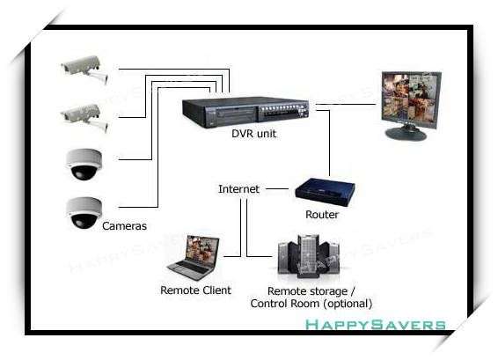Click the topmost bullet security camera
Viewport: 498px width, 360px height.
pyautogui.click(x=85, y=70)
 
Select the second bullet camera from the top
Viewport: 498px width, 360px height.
pyautogui.click(x=85, y=118)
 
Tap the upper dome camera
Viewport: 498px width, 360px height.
pyautogui.click(x=84, y=165)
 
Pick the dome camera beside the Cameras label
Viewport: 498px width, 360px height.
pyautogui.click(x=84, y=213)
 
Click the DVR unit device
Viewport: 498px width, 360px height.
pyautogui.click(x=245, y=112)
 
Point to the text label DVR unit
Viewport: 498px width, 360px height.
pyautogui.click(x=253, y=134)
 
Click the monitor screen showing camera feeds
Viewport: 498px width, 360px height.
pyautogui.click(x=411, y=99)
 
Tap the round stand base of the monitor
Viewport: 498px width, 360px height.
pyautogui.click(x=406, y=133)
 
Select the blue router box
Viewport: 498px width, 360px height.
pyautogui.click(x=325, y=192)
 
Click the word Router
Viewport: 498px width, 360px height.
pyautogui.click(x=322, y=215)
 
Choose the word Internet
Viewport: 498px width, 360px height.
pyautogui.click(x=238, y=189)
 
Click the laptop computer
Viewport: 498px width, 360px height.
pyautogui.click(x=194, y=258)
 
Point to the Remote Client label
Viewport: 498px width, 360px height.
pyautogui.click(x=195, y=290)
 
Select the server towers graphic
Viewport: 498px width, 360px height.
pyautogui.click(x=309, y=256)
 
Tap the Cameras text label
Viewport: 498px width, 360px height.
pyautogui.click(x=125, y=226)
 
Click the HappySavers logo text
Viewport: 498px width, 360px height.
pyautogui.click(x=376, y=325)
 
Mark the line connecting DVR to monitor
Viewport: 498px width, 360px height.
pyautogui.click(x=346, y=104)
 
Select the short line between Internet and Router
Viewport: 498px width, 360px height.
pyautogui.click(x=277, y=188)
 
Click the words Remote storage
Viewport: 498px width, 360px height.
pyautogui.click(x=307, y=291)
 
